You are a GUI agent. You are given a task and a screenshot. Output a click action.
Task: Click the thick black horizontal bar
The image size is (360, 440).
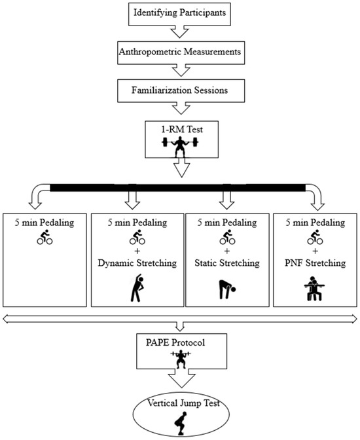click(179, 189)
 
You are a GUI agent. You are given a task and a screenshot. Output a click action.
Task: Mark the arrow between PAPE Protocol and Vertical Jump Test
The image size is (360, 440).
click(179, 378)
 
